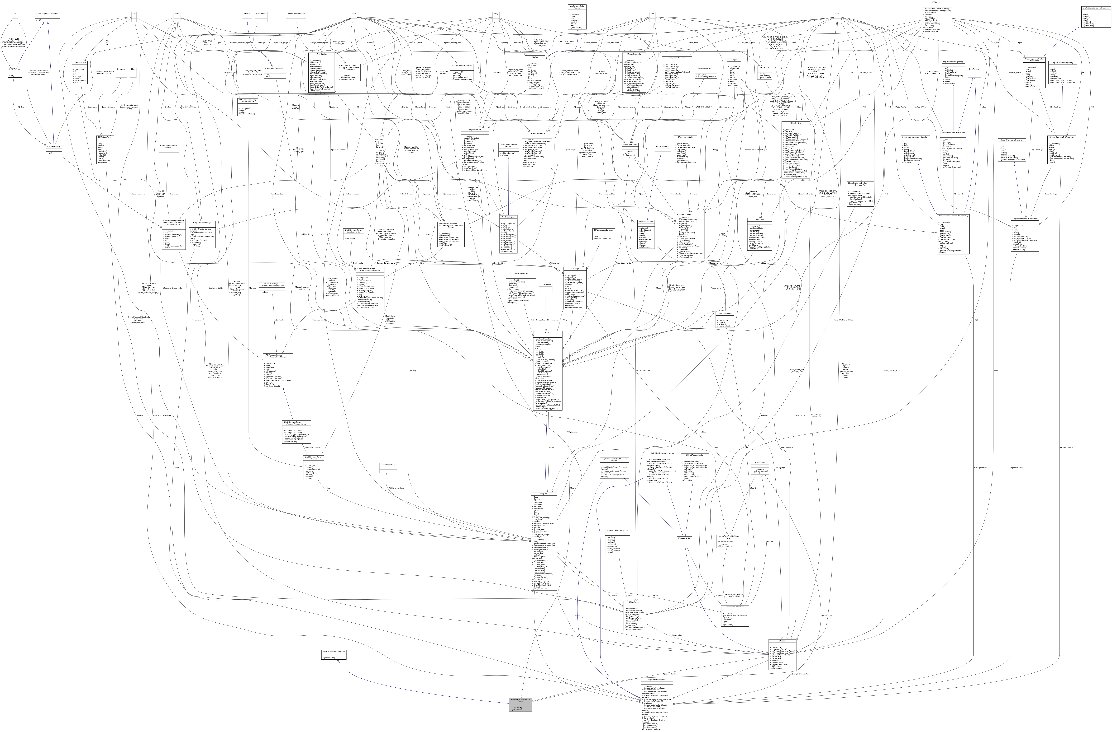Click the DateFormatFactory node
click(x=388, y=465)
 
